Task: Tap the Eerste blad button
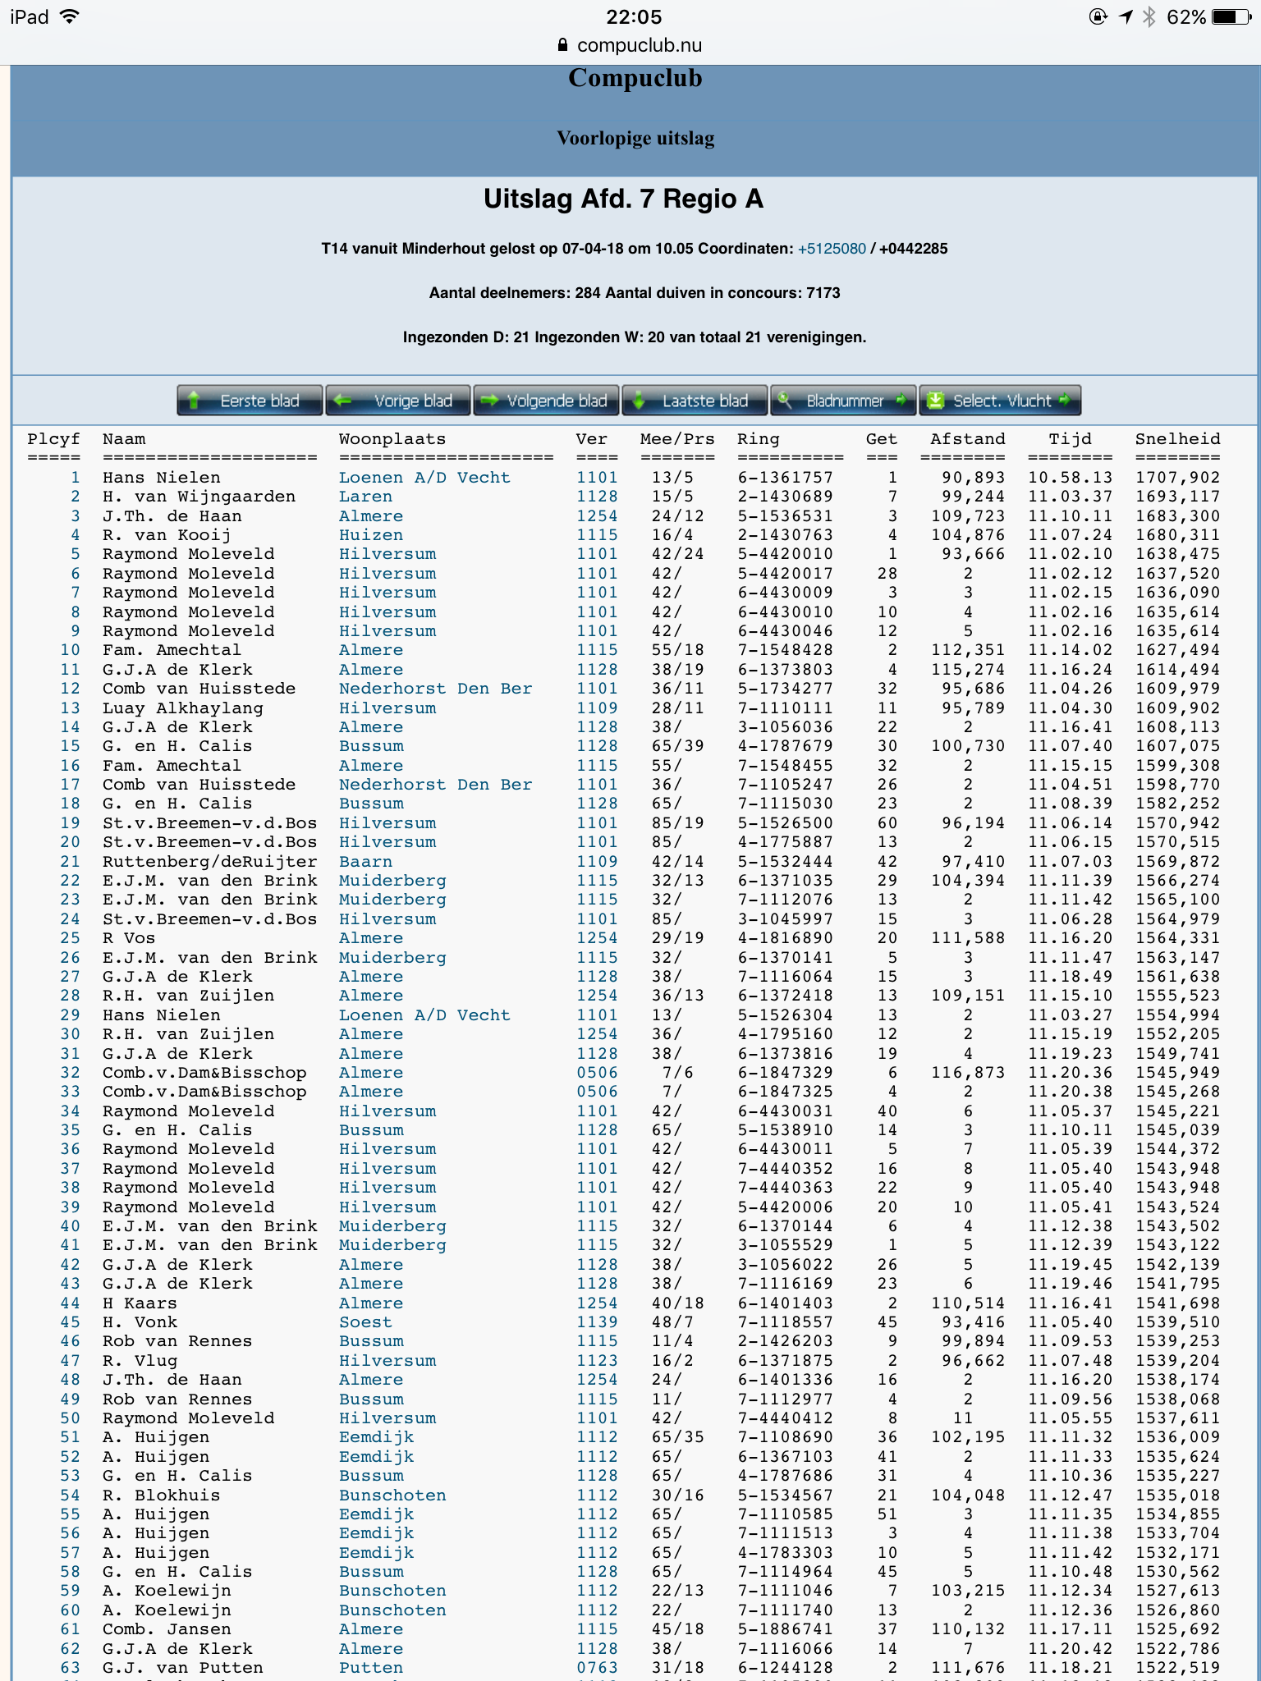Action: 250,401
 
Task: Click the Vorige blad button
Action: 398,401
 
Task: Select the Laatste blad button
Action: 695,401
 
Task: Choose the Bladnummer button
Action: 843,401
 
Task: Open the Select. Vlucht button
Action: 999,401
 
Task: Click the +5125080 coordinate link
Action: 832,249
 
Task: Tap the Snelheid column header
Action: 1177,439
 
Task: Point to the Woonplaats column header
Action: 392,439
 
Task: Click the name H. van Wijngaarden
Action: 199,497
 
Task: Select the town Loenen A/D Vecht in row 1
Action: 424,478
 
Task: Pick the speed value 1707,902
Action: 1177,478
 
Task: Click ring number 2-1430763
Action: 785,535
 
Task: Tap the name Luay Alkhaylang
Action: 183,708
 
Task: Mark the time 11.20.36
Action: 1070,1073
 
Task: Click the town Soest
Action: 365,1322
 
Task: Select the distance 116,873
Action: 968,1073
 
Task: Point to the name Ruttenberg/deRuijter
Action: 209,862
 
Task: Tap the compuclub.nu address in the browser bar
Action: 639,45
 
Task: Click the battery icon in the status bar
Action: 1231,16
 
